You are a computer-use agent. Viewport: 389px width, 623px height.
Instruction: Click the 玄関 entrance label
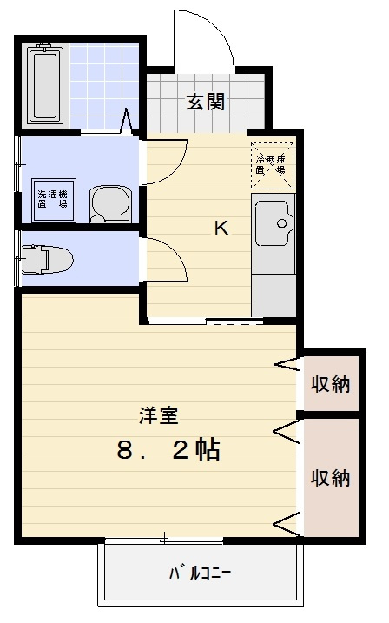[207, 102]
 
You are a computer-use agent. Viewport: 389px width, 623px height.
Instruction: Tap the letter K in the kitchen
[221, 229]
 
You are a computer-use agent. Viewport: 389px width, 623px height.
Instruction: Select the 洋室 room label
[159, 415]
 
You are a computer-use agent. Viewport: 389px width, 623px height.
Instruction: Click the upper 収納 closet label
[331, 383]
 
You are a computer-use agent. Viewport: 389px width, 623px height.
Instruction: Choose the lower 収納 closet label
[331, 477]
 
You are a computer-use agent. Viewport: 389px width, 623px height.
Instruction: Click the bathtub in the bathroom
[44, 84]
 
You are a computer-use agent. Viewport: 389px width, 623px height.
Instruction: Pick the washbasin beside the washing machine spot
[109, 204]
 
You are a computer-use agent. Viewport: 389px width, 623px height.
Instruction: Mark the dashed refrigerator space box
[272, 164]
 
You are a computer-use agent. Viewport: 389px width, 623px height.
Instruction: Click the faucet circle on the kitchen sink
[281, 223]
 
